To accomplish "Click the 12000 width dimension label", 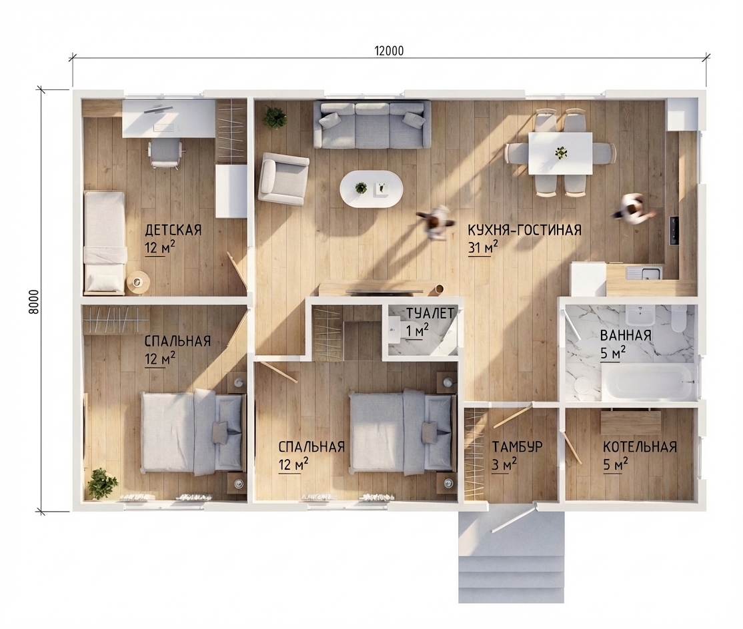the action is [390, 51].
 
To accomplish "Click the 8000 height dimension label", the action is [33, 301].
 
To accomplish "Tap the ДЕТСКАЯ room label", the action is [173, 230].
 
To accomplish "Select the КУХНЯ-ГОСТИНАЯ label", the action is [524, 230].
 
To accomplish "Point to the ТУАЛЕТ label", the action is [430, 313].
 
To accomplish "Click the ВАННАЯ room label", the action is [626, 336].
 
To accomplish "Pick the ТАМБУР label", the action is [517, 446].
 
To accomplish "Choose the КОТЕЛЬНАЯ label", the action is [640, 447].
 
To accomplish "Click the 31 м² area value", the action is [483, 247].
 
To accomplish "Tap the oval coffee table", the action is [371, 189].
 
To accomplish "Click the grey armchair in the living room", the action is [283, 179].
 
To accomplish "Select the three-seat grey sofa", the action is [372, 125].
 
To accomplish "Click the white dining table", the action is [560, 153].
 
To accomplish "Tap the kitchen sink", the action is [644, 273].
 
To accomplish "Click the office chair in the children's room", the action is [165, 153].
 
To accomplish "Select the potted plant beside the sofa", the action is [275, 118].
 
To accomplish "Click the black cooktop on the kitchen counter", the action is [674, 231].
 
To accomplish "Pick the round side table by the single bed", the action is [138, 283].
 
